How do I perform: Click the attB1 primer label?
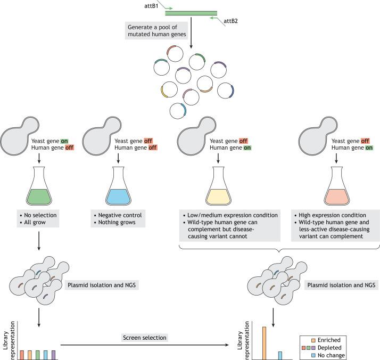coord(154,5)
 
